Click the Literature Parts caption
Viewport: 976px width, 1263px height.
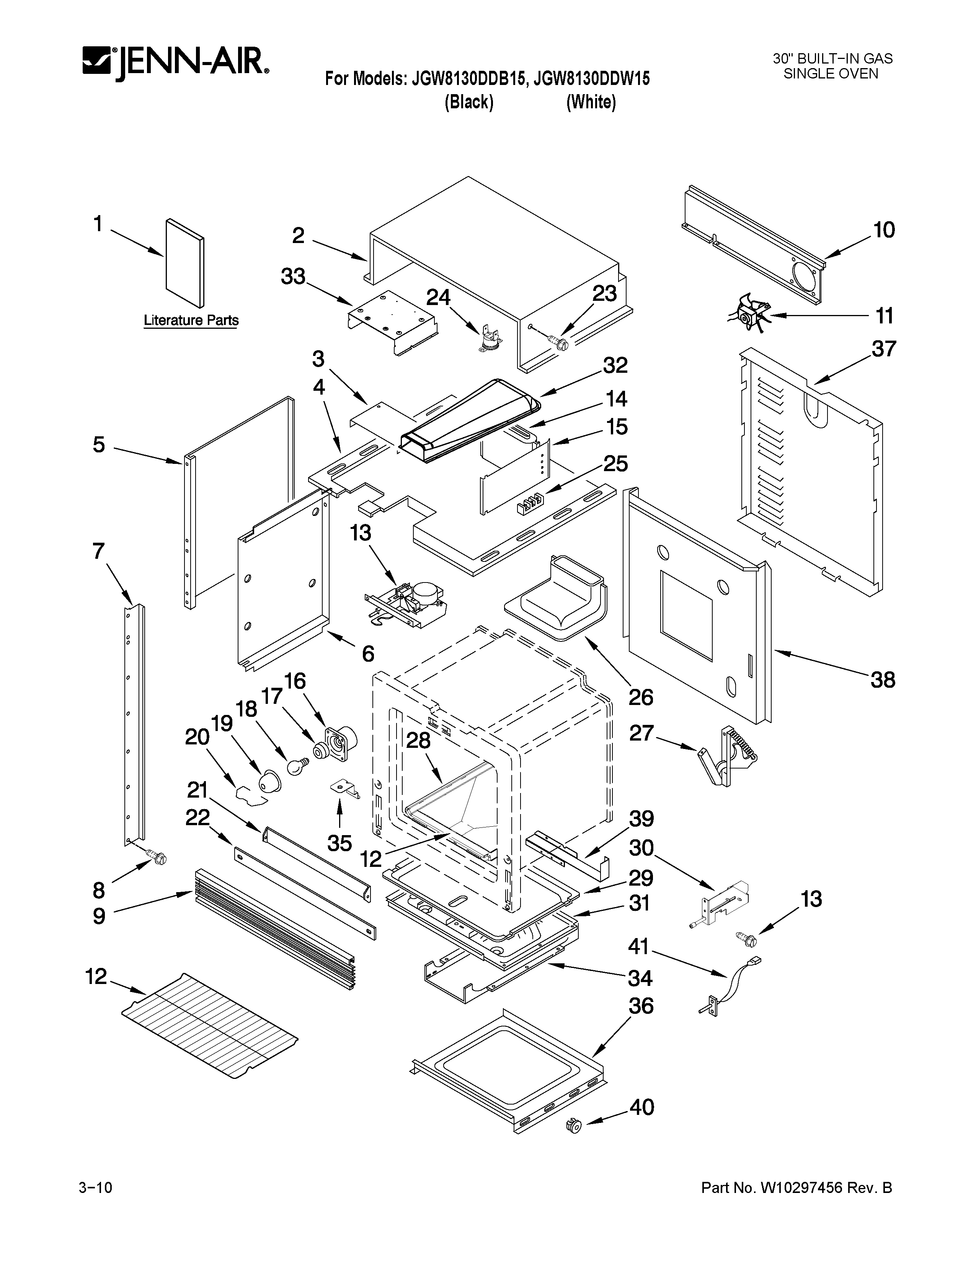191,320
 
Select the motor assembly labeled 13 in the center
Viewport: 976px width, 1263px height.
408,604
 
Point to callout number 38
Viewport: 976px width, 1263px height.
883,679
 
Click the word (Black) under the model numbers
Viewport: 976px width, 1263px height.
469,102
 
